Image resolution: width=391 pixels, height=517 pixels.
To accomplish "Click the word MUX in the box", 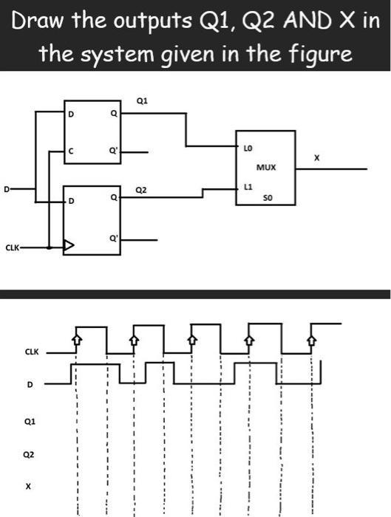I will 268,168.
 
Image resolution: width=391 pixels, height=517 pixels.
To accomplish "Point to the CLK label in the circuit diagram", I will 13,249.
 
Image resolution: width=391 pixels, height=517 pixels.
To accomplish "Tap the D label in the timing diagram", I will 30,385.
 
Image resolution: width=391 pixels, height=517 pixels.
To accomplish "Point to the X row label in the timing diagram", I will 30,487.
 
